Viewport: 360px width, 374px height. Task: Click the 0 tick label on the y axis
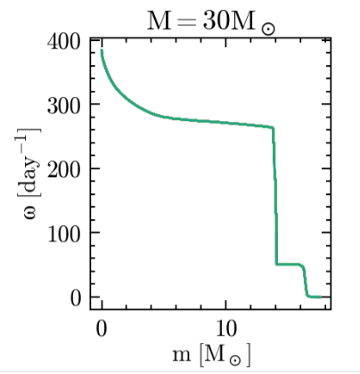[x=76, y=297]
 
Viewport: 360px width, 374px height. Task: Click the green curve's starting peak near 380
[x=102, y=53]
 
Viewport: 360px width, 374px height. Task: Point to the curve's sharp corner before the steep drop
[x=272, y=127]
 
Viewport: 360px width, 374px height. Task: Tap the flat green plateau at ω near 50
[x=289, y=264]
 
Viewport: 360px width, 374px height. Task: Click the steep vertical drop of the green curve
[x=274, y=196]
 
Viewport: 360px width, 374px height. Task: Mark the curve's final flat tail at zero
[x=315, y=297]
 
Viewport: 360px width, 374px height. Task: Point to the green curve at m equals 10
[x=226, y=122]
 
